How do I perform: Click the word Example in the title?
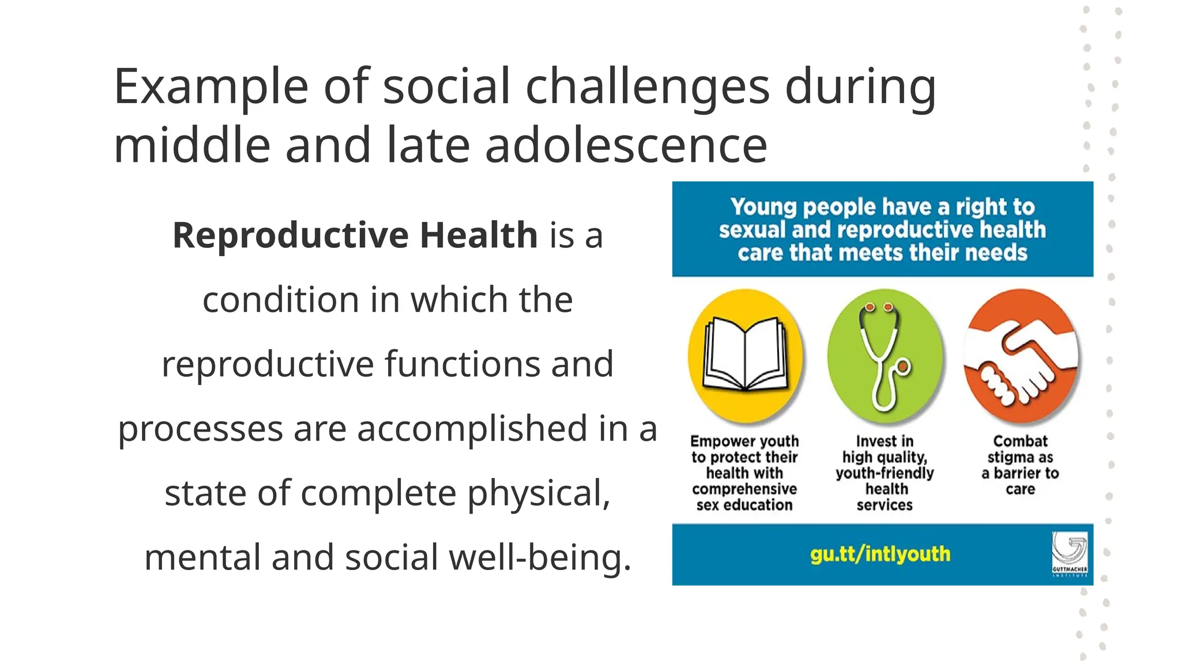pos(210,88)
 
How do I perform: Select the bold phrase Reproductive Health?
pos(355,235)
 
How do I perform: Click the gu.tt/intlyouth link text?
pos(880,554)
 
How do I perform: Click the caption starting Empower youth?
pos(744,473)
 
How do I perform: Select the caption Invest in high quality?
pos(885,473)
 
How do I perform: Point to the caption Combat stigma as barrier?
pos(1020,465)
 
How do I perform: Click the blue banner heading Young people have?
pos(882,229)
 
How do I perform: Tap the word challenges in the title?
pos(647,88)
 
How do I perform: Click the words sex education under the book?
pos(744,505)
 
